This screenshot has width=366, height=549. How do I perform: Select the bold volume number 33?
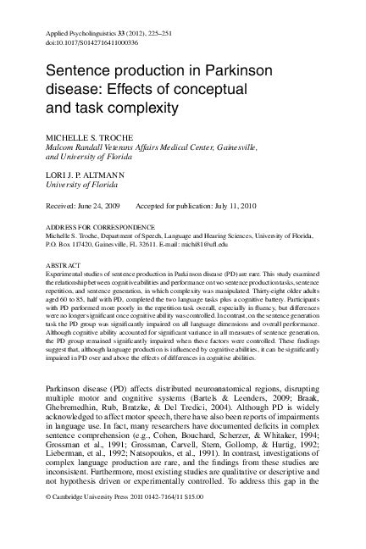coord(119,31)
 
